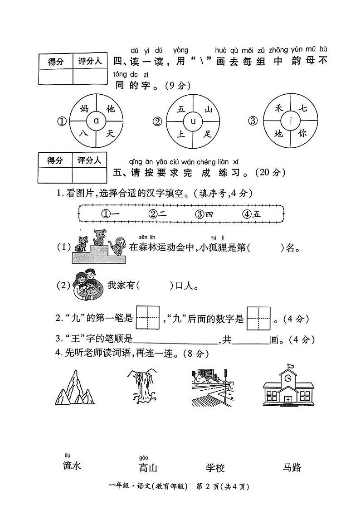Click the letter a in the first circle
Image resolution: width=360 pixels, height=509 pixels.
click(96, 121)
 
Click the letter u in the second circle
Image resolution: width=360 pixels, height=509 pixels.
click(193, 121)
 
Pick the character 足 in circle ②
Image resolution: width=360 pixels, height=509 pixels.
click(208, 133)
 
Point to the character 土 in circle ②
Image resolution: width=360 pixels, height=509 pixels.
click(181, 134)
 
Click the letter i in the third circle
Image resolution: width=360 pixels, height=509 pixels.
click(290, 121)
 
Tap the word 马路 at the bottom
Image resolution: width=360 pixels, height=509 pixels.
click(292, 468)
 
